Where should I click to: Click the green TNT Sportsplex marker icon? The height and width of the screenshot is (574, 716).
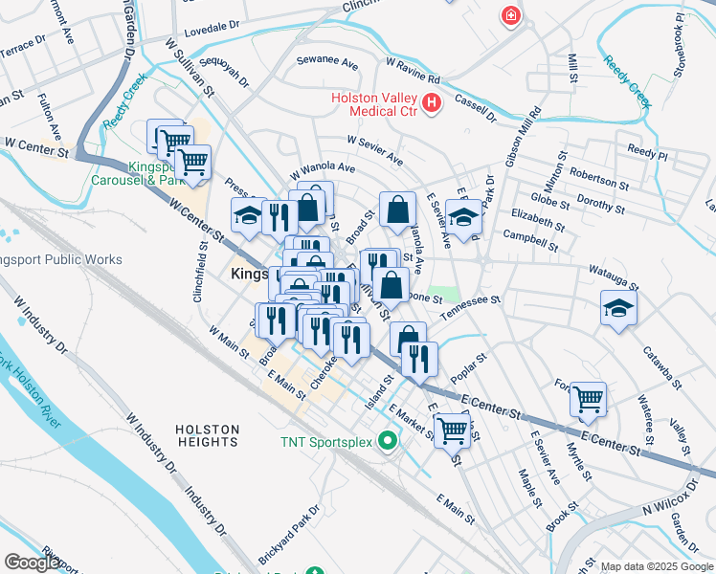[x=388, y=441]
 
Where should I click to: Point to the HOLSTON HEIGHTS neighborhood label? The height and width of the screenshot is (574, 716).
[x=207, y=435]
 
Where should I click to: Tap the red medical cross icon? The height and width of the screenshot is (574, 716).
[x=511, y=15]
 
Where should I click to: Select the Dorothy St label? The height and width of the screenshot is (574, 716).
[x=601, y=204]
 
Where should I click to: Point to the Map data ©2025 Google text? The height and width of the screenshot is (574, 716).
[x=657, y=566]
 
